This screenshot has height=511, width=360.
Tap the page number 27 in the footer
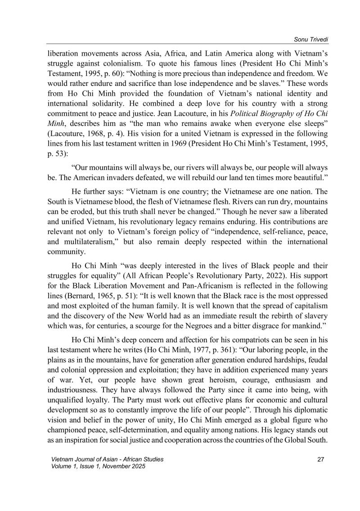[x=320, y=459]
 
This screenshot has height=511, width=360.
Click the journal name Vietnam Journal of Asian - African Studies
[x=108, y=459]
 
